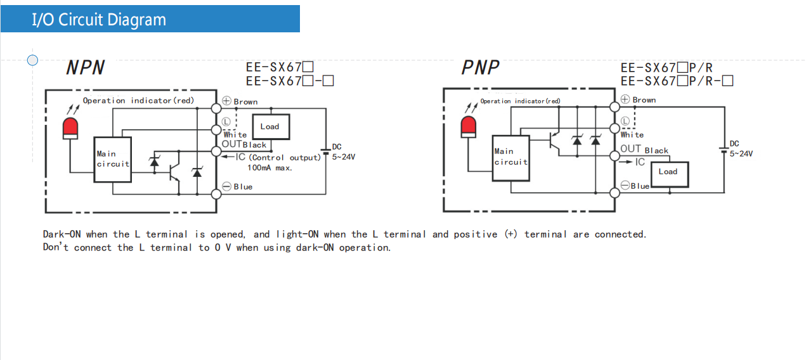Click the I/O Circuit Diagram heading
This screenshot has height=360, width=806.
pyautogui.click(x=99, y=20)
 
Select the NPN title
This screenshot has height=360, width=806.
pyautogui.click(x=85, y=68)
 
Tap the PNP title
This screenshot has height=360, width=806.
pyautogui.click(x=480, y=67)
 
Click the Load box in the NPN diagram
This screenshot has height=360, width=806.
pyautogui.click(x=271, y=127)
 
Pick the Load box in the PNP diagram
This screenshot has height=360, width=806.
pyautogui.click(x=668, y=172)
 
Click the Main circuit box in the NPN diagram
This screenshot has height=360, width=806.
pyautogui.click(x=113, y=159)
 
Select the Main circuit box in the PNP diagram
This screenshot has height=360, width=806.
pyautogui.click(x=510, y=157)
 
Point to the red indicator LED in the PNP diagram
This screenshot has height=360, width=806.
pyautogui.click(x=469, y=127)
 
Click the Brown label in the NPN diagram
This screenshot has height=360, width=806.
pyautogui.click(x=245, y=102)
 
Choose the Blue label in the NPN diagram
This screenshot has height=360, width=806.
pyautogui.click(x=243, y=187)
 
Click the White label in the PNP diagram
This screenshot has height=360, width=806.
pyautogui.click(x=632, y=135)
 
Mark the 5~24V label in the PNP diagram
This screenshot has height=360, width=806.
pyautogui.click(x=741, y=153)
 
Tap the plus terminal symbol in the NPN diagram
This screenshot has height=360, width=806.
pyautogui.click(x=227, y=101)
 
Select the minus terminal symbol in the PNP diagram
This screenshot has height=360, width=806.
pyautogui.click(x=625, y=185)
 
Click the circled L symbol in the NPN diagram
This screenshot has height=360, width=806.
pyautogui.click(x=227, y=121)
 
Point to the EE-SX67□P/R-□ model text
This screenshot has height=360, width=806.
pyautogui.click(x=677, y=81)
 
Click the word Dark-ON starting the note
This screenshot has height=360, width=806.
pyautogui.click(x=62, y=235)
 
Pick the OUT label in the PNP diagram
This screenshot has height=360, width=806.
pyautogui.click(x=630, y=149)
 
